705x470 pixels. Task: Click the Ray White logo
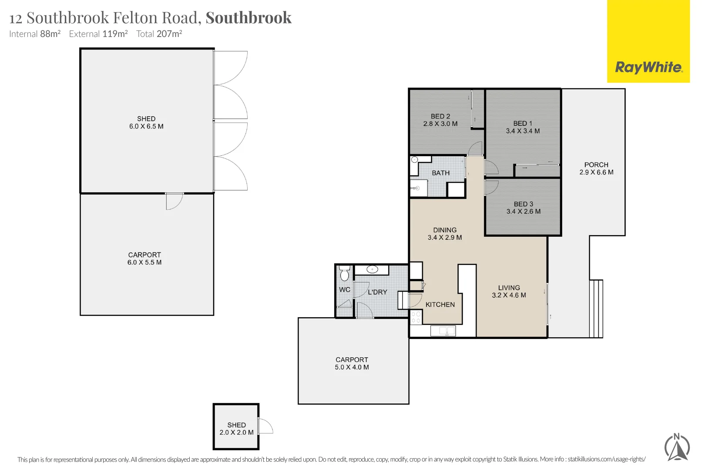(648, 67)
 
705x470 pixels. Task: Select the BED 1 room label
(523, 124)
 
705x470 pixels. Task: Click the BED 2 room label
(440, 117)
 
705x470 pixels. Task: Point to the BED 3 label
(523, 204)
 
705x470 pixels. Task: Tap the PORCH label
(596, 165)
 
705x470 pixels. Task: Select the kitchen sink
(443, 331)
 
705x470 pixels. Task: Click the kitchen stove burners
(416, 317)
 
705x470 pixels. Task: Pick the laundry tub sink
(372, 269)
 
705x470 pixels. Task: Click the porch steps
(596, 309)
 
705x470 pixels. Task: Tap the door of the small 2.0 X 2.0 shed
(265, 426)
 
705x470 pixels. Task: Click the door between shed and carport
(174, 201)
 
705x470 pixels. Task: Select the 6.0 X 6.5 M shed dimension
(146, 127)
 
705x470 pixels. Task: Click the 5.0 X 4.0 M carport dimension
(352, 367)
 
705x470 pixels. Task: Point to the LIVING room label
(509, 288)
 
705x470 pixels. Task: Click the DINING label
(445, 230)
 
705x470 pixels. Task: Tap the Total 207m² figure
(159, 34)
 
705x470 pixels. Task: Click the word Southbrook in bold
(248, 18)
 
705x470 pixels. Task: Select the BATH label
(440, 173)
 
